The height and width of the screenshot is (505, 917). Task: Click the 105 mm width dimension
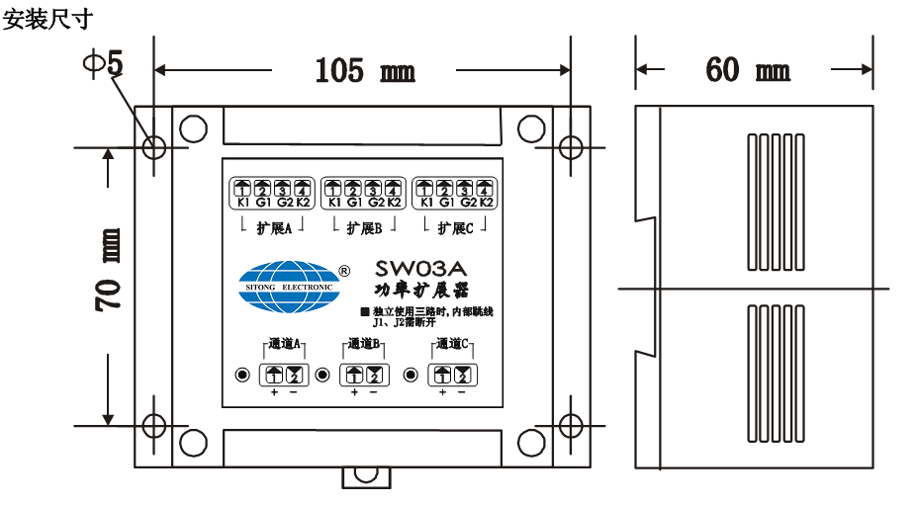[x=364, y=70]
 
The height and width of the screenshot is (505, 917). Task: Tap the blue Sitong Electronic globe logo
[x=289, y=287]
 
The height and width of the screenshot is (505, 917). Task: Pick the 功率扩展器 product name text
[x=421, y=291]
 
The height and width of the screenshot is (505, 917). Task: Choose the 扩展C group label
[x=455, y=228]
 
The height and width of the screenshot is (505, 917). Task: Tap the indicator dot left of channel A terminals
[x=241, y=375]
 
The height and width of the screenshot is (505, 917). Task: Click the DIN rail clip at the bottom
[x=366, y=474]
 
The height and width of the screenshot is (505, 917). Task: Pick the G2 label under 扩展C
[x=468, y=203]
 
